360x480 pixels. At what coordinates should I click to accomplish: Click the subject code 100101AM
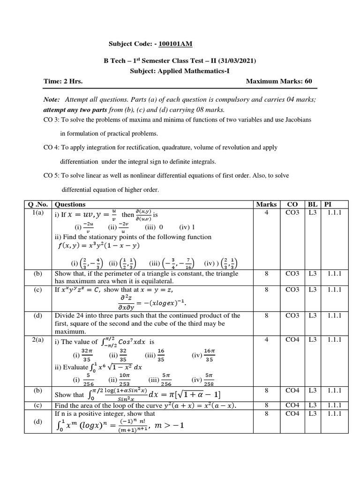[x=175, y=44]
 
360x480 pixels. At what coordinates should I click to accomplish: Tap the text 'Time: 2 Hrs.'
[x=63, y=81]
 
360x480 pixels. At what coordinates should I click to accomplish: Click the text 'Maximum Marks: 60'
[x=279, y=81]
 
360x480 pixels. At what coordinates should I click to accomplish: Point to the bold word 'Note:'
[x=51, y=100]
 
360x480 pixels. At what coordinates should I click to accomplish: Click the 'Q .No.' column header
[x=38, y=204]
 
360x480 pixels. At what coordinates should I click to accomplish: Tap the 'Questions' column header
[x=70, y=204]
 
